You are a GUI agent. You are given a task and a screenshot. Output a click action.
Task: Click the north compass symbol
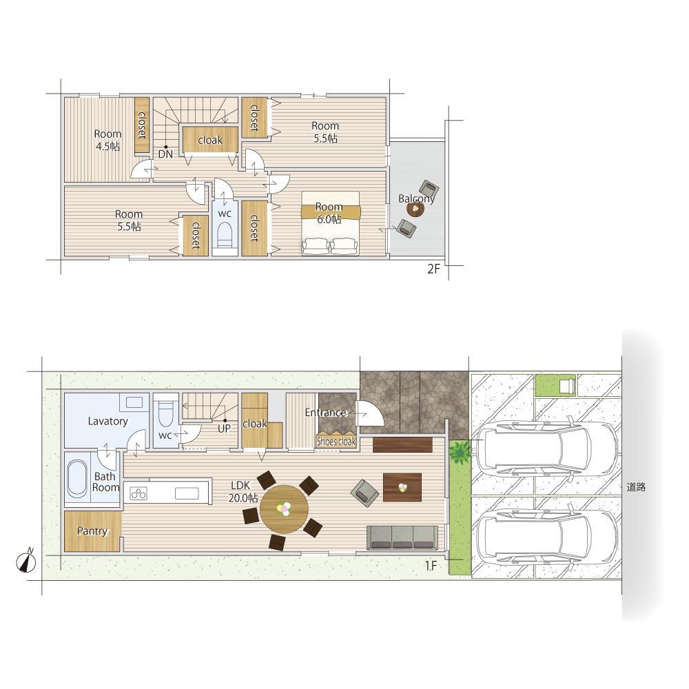[27, 561]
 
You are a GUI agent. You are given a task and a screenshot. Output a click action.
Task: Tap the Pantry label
[92, 531]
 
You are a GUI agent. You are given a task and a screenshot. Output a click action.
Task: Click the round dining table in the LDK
[284, 509]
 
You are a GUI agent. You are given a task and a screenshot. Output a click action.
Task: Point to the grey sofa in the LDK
[402, 537]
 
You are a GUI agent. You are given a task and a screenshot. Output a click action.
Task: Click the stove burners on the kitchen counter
[138, 493]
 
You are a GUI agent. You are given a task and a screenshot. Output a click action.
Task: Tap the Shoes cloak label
[336, 441]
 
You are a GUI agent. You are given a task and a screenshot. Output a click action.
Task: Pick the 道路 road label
[636, 487]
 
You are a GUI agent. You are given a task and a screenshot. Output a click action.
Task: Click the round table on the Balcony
[415, 209]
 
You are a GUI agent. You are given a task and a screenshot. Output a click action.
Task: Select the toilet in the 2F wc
[225, 236]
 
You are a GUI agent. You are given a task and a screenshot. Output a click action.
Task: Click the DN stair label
[165, 154]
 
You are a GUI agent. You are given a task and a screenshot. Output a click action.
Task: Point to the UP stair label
[224, 429]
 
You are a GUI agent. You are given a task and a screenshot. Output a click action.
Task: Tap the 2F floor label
[433, 269]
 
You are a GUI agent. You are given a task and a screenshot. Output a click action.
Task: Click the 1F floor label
[431, 566]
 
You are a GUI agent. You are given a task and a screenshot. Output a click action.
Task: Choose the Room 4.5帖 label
[107, 140]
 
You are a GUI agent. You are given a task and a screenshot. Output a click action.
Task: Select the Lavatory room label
[107, 421]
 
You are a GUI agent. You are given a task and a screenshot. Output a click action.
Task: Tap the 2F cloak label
[210, 140]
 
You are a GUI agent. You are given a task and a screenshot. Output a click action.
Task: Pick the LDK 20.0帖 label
[243, 492]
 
